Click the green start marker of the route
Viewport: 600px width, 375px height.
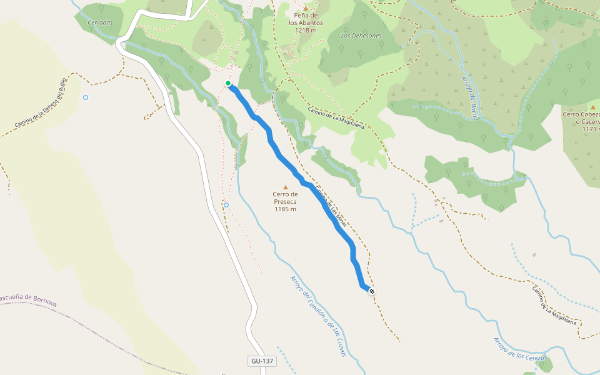click(x=228, y=83)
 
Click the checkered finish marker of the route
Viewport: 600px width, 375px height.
click(x=372, y=291)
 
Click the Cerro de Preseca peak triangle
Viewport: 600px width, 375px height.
click(x=286, y=187)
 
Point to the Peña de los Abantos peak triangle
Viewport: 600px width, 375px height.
click(x=306, y=7)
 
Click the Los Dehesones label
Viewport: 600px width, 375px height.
click(x=361, y=36)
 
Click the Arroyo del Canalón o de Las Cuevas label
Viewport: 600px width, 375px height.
click(x=318, y=316)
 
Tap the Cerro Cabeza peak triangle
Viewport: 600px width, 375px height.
click(x=593, y=107)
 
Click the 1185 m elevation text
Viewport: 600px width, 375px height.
click(x=285, y=209)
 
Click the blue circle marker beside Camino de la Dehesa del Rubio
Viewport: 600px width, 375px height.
click(x=86, y=97)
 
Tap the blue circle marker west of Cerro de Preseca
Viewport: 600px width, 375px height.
click(x=226, y=205)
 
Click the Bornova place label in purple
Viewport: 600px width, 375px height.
click(x=28, y=300)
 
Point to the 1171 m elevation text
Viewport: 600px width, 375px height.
click(x=590, y=129)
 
